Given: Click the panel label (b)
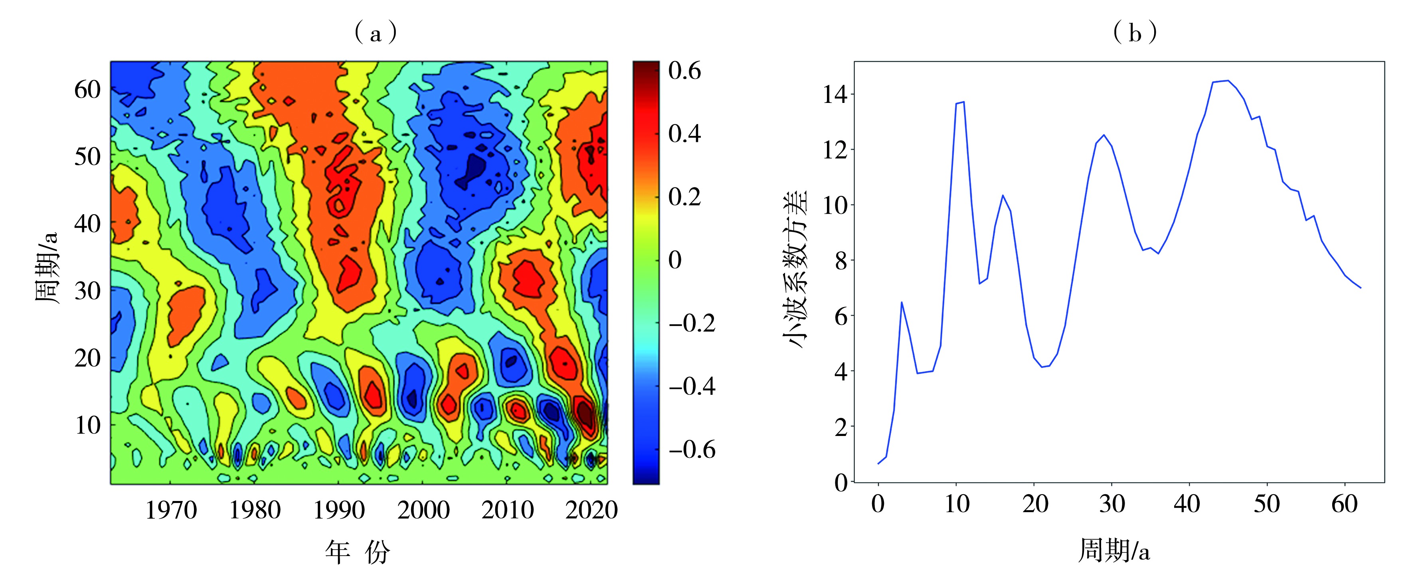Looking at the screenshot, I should pos(1135,34).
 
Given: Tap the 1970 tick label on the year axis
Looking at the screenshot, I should pos(171,511).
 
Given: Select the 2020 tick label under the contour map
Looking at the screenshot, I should pos(591,511).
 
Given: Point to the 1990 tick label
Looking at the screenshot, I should pos(339,511).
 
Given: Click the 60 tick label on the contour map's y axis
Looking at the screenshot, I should pos(88,89).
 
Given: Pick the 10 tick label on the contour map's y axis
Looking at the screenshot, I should pos(88,425).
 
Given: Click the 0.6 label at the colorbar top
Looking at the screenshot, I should pos(684,71).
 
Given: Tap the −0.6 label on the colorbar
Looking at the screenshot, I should pos(692,450).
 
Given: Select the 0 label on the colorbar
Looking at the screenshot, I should pos(675,260).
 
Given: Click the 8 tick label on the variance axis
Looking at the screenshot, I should pos(841,261).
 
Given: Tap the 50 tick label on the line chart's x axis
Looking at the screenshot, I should pos(1267,504).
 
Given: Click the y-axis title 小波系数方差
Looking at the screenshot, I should pos(797,269).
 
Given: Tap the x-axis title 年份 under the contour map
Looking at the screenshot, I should pos(357,551).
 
